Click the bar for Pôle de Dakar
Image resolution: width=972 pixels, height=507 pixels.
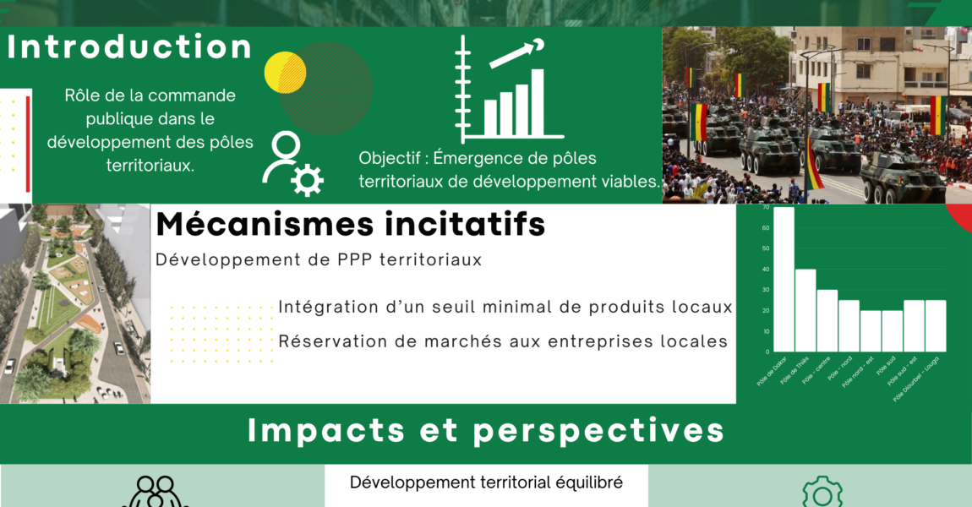[784, 279]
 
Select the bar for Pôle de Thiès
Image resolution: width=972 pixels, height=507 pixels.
[805, 310]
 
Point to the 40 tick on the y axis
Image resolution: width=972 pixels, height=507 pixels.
[766, 270]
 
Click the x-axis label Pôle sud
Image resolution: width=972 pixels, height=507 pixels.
[887, 366]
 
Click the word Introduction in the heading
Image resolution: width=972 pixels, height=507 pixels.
[129, 47]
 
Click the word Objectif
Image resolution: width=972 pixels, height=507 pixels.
[390, 158]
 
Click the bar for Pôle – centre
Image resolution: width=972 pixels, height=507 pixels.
[827, 320]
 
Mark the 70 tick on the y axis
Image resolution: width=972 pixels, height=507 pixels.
[766, 207]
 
